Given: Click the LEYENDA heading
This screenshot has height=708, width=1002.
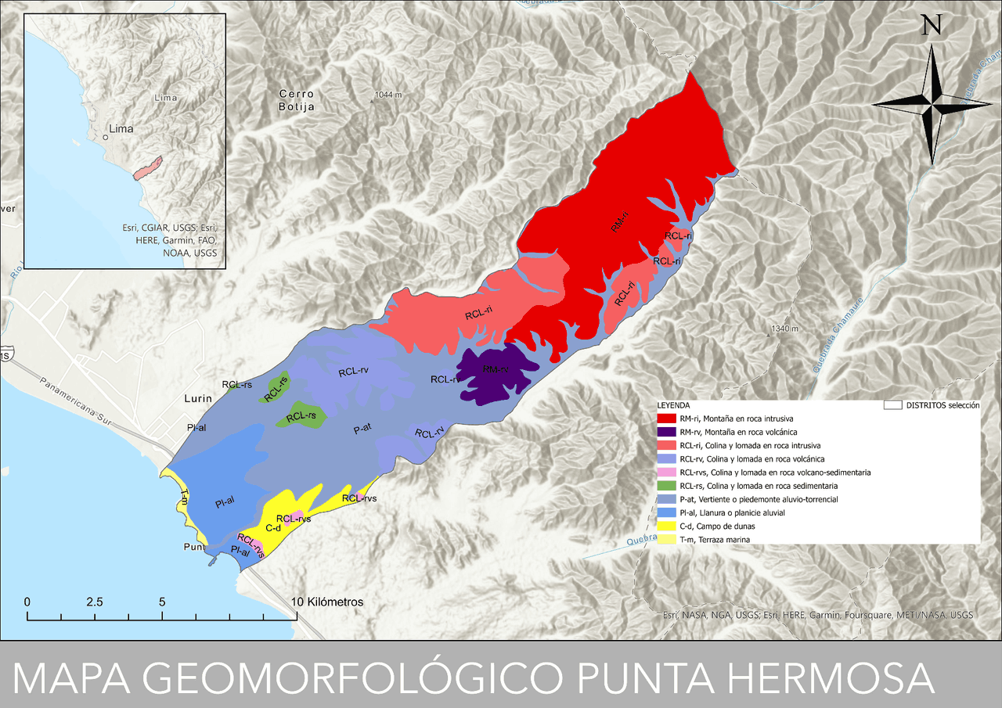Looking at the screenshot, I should [x=673, y=405].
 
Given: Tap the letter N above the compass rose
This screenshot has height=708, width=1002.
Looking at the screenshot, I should [x=932, y=25].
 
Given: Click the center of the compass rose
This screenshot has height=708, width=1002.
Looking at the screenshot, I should [x=932, y=104].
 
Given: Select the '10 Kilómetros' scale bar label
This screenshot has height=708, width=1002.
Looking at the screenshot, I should [x=327, y=602].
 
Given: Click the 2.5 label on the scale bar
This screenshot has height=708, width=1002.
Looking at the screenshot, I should [x=95, y=602].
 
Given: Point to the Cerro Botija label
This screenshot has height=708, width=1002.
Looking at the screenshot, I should [x=297, y=100].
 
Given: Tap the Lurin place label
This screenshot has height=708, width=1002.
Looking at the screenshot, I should [x=198, y=398].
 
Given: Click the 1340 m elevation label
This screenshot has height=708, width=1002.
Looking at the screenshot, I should [x=784, y=329].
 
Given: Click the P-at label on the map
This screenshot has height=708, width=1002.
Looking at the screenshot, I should [x=362, y=429].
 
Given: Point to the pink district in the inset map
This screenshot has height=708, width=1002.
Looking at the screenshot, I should [x=147, y=167].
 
